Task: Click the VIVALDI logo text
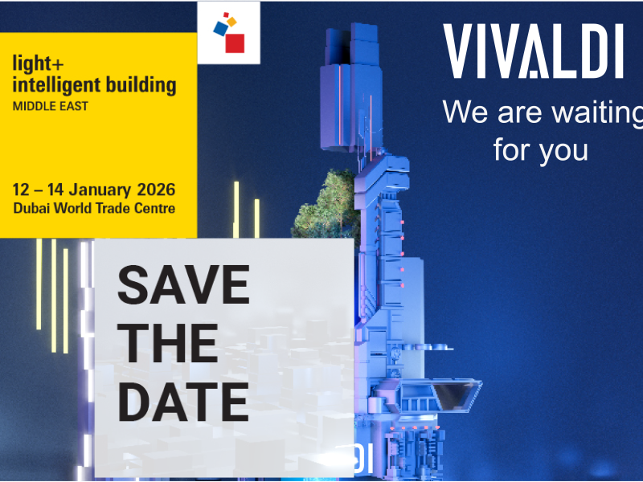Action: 534,52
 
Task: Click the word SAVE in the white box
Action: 184,284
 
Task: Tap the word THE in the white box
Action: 172,343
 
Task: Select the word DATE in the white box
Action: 183,401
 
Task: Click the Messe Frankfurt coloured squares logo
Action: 228,33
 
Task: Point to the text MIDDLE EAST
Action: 50,105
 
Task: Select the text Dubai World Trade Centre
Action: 93,208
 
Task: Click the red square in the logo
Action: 234,42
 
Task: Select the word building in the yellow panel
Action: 145,84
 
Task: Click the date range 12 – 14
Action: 38,191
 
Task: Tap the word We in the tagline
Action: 465,112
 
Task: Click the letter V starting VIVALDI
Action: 461,52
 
